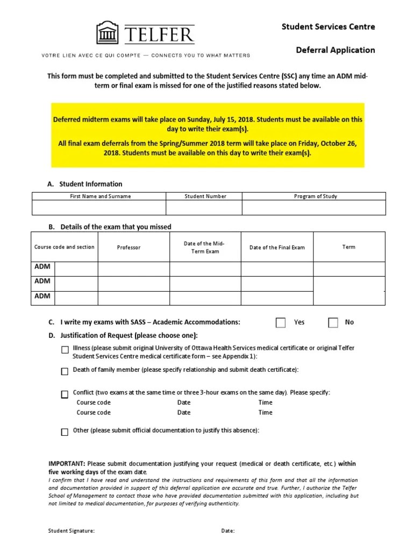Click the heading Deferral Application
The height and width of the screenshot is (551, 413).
(x=335, y=50)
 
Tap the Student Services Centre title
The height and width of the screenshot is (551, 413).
(x=328, y=26)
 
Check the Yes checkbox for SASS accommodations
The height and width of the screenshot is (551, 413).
(x=281, y=322)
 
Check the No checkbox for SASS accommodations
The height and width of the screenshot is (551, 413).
(x=333, y=322)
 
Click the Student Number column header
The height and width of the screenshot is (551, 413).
(x=205, y=196)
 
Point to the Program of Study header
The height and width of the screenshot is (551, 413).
(x=315, y=196)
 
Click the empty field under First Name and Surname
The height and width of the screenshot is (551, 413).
(x=99, y=208)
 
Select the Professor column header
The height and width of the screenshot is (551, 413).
(x=129, y=248)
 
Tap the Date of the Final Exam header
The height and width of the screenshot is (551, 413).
(x=277, y=248)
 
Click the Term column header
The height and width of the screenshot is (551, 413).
(x=348, y=247)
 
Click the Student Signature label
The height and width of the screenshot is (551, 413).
(x=72, y=531)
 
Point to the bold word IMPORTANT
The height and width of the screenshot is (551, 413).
(x=67, y=464)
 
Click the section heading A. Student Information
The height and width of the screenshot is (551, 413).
(x=85, y=184)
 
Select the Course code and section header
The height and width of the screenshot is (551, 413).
(x=64, y=247)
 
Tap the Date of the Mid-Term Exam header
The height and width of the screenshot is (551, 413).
(x=204, y=248)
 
